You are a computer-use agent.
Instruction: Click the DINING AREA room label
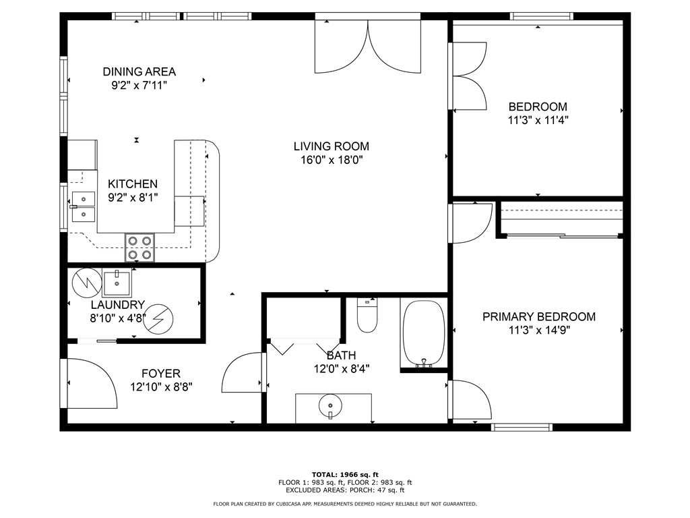point(139,71)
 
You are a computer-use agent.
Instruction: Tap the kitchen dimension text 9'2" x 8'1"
point(133,198)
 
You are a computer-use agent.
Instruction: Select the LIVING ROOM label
point(332,146)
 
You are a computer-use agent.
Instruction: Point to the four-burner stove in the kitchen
point(140,248)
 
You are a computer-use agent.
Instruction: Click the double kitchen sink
point(84,206)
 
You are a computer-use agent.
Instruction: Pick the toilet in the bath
point(367,315)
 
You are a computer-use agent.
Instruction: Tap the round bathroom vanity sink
point(330,405)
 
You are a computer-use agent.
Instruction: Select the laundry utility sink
point(117,283)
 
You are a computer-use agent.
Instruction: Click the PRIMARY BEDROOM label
point(539,317)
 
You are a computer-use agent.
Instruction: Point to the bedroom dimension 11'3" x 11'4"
point(538,120)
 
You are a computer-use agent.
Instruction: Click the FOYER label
point(161,374)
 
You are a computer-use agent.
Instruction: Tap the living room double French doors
point(368,48)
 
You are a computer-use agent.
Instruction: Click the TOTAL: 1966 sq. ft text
point(345,474)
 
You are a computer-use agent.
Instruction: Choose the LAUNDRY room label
point(118,305)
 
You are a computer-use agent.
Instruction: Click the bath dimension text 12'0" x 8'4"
point(342,369)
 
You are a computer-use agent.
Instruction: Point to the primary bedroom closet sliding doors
point(562,236)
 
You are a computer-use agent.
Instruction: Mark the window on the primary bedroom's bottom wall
point(522,427)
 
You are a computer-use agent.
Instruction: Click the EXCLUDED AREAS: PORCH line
point(345,490)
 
